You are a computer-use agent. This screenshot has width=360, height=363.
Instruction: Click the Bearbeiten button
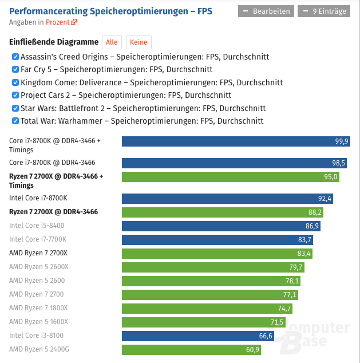click(x=266, y=11)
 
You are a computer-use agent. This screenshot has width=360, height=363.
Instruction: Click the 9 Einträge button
click(x=323, y=11)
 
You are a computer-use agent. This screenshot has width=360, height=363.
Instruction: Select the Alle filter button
click(x=112, y=42)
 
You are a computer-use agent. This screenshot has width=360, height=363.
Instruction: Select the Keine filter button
click(x=139, y=42)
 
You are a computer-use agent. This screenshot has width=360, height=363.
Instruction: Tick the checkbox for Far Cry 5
click(x=15, y=70)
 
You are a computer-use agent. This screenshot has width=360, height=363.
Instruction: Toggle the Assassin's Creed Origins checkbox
click(x=15, y=57)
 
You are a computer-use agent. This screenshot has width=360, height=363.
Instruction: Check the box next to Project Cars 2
click(x=15, y=95)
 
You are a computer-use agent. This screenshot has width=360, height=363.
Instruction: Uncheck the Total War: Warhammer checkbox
click(x=15, y=121)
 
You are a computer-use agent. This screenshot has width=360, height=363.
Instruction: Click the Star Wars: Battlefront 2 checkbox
click(x=15, y=108)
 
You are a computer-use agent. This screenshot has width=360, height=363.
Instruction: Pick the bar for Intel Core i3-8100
click(x=198, y=336)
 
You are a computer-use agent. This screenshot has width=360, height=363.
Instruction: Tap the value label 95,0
click(x=330, y=177)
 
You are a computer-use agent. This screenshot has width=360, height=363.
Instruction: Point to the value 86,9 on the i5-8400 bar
click(x=312, y=226)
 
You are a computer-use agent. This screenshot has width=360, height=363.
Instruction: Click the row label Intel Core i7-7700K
click(x=38, y=239)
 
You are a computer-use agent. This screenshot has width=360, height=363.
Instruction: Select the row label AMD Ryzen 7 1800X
click(x=38, y=308)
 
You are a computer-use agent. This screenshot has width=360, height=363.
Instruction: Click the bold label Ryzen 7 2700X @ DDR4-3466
click(x=53, y=212)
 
